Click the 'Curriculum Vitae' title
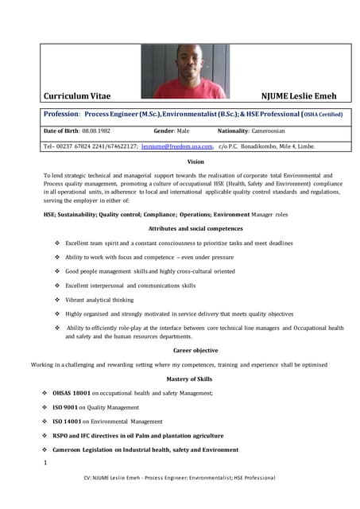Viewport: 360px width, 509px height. pyautogui.click(x=77, y=96)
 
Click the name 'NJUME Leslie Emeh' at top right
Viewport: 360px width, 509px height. pyautogui.click(x=304, y=96)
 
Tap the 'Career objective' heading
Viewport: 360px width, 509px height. pyautogui.click(x=195, y=351)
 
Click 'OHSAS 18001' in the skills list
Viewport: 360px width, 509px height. pyautogui.click(x=72, y=393)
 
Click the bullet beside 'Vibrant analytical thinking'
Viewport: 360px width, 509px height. pyautogui.click(x=57, y=300)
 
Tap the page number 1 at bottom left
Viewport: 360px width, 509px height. pyautogui.click(x=46, y=462)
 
